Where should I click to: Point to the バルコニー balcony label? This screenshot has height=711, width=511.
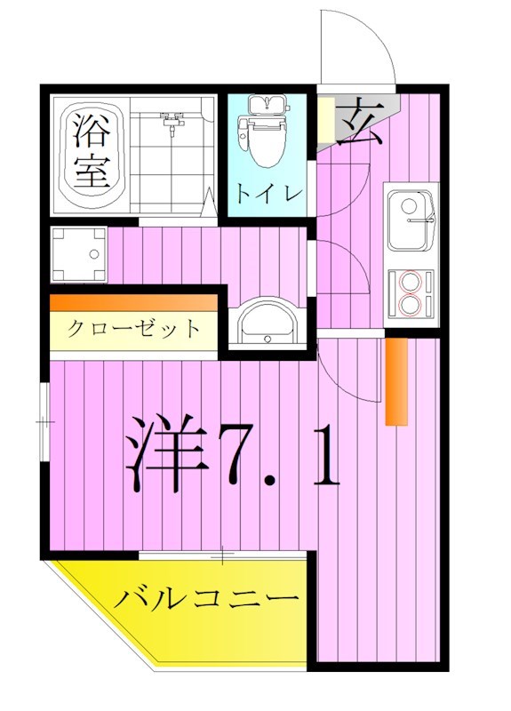tap(205, 598)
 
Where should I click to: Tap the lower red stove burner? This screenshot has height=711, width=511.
tap(411, 305)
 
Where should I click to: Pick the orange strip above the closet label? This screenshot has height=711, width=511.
tap(133, 303)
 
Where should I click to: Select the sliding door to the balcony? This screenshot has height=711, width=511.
tap(222, 556)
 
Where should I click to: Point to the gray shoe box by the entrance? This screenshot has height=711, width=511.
tap(327, 120)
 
